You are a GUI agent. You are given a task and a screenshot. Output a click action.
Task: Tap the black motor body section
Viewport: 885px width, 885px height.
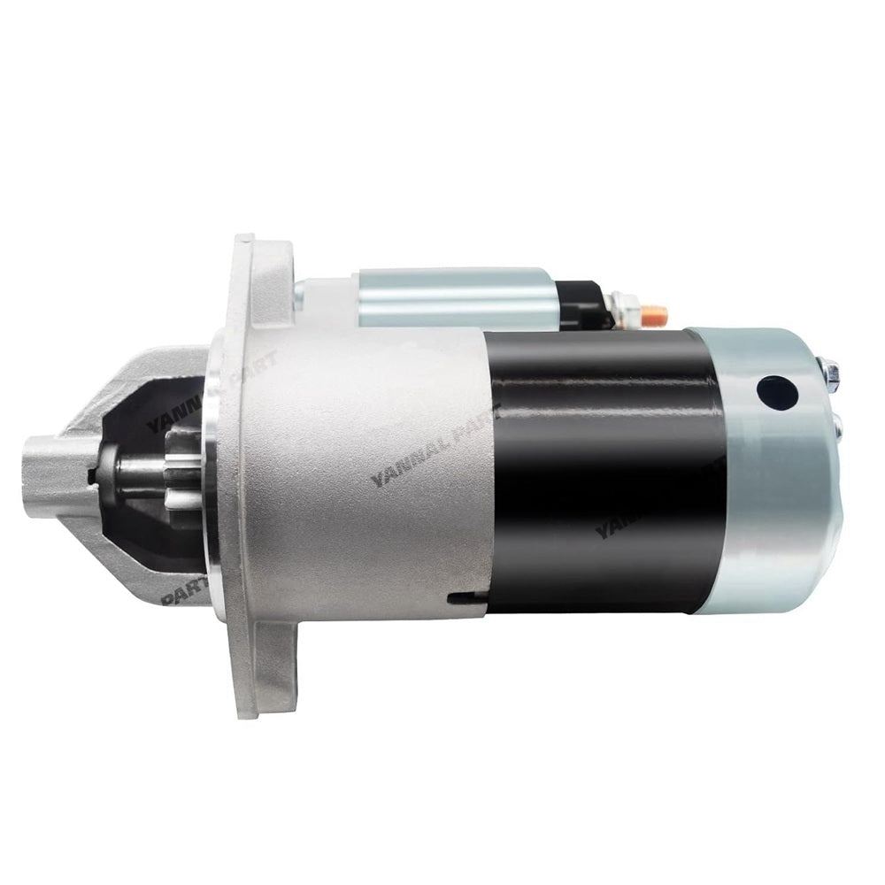[x=602, y=469]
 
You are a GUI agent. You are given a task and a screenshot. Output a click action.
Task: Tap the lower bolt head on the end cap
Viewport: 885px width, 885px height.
[x=836, y=428]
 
